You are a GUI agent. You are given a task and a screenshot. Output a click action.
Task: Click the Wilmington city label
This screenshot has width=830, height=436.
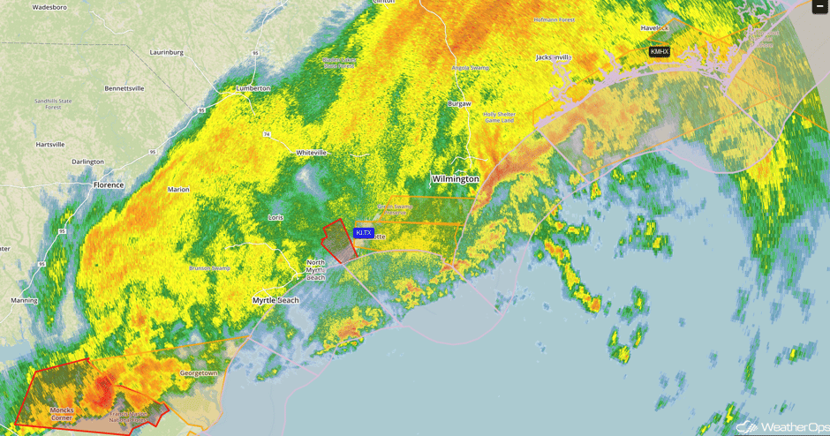point(455,179)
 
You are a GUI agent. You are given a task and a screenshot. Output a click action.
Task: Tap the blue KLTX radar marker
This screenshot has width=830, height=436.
point(364,233)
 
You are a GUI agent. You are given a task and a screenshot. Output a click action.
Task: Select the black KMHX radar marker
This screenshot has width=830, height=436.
point(660,52)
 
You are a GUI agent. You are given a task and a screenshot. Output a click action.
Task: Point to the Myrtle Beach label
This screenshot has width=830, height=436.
point(275,301)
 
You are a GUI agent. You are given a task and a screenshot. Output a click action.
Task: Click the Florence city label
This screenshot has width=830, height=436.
point(109,185)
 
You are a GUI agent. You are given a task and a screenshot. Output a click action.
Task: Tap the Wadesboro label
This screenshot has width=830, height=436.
point(49,7)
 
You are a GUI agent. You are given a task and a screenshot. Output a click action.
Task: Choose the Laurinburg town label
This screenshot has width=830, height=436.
point(166,53)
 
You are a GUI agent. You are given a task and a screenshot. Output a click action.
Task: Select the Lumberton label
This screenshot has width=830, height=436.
point(253,88)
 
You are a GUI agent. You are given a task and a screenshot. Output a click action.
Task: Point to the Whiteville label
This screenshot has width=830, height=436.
point(311,153)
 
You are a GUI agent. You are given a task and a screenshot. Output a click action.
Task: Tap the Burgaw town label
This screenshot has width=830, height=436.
point(459,104)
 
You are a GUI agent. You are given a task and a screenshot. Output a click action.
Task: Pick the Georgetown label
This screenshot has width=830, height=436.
point(199,373)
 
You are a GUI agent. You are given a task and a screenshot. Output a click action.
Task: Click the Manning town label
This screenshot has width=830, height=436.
point(24,301)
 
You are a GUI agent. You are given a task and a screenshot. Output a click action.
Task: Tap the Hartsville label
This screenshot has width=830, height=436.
point(50,145)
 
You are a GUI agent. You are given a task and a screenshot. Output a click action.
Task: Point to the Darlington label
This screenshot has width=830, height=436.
point(87,162)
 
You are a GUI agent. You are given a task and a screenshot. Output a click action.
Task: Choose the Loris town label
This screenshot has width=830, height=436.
point(275,217)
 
